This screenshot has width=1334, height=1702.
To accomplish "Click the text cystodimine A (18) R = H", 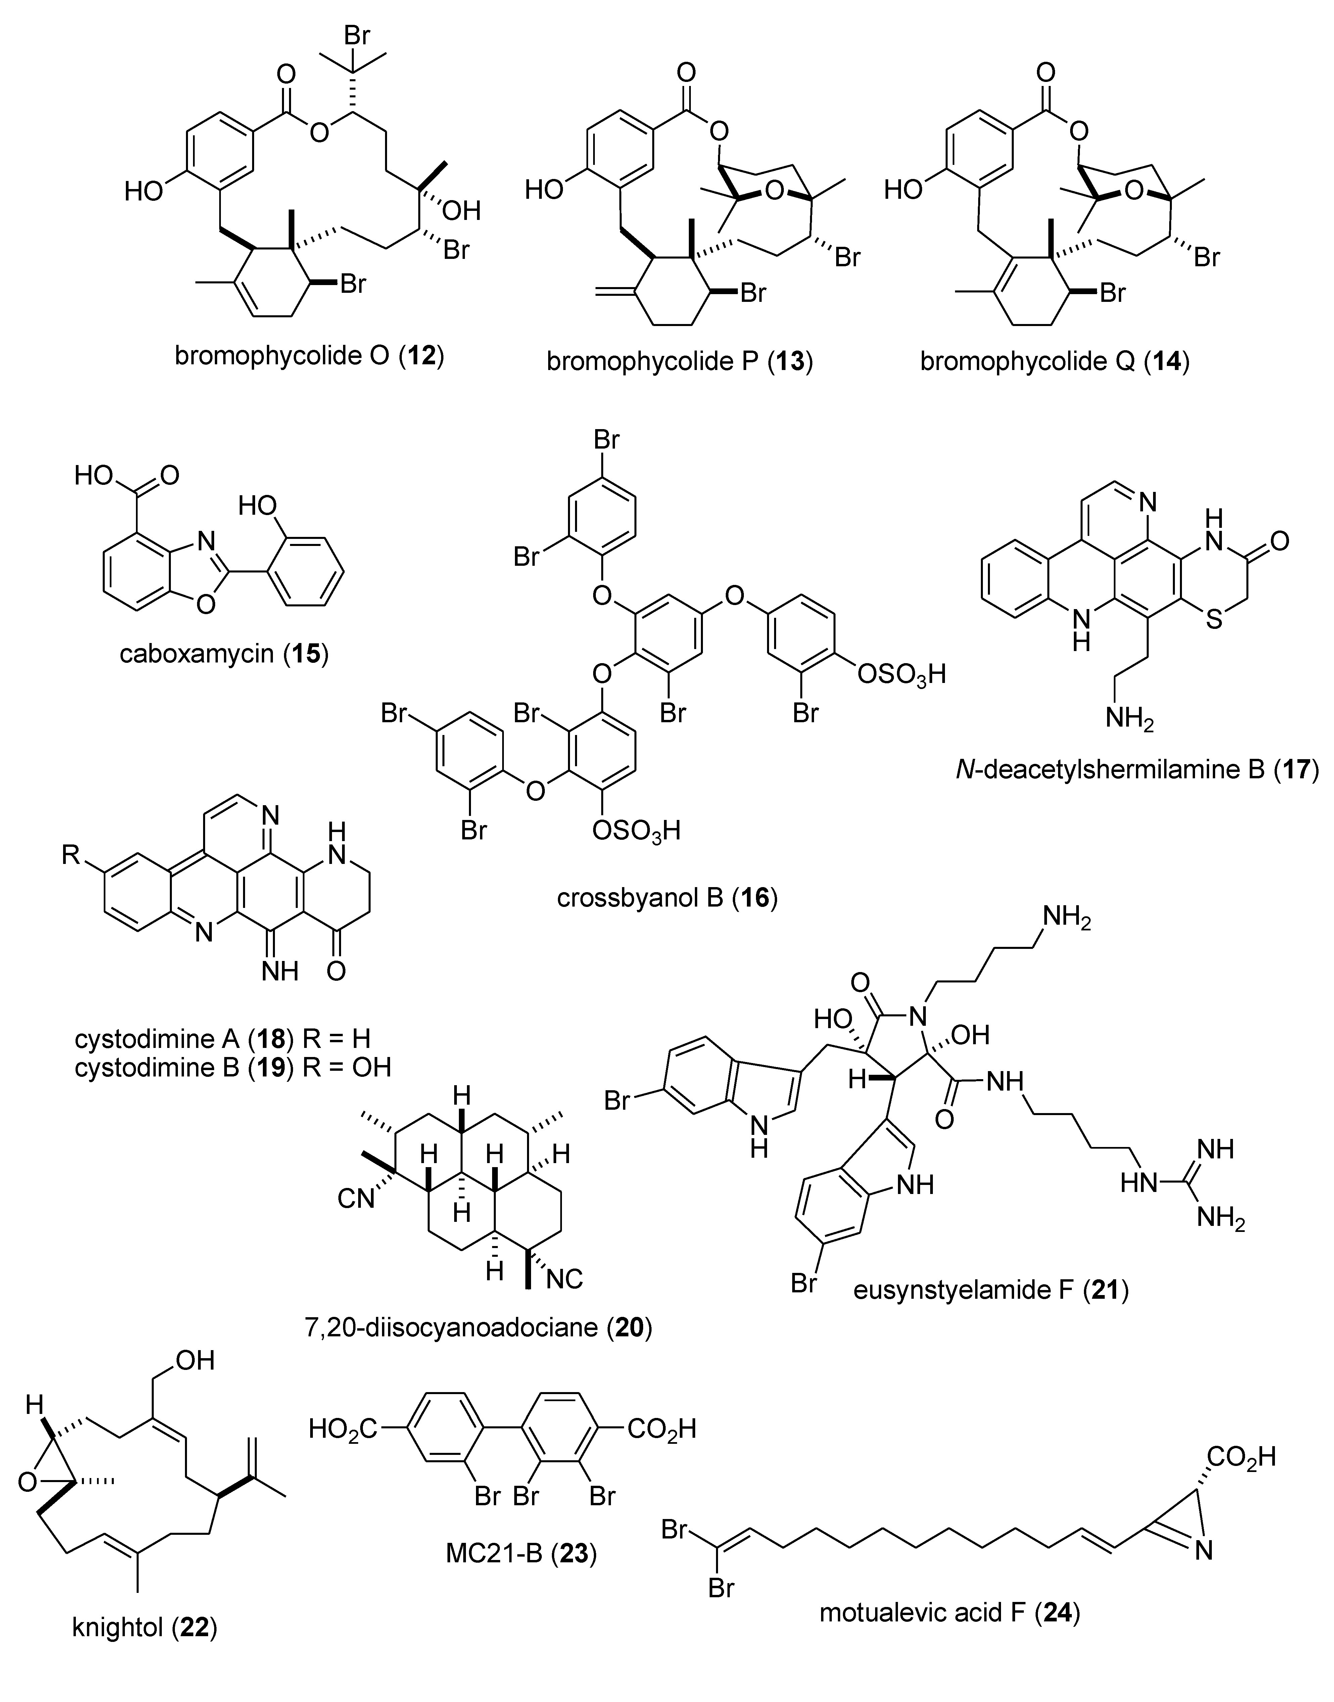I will click(223, 1039).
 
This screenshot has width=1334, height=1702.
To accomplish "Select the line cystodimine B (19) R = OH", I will click(233, 1067).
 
